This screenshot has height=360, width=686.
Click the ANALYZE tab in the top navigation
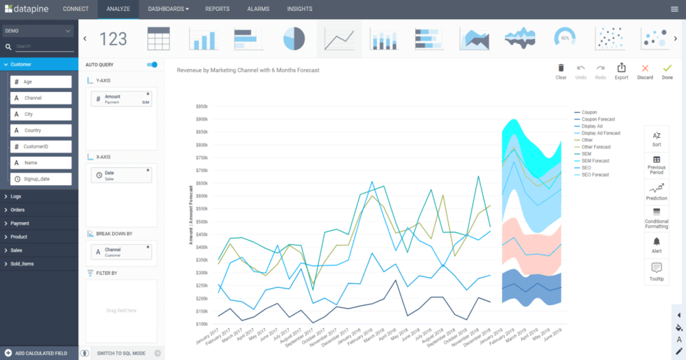(x=117, y=9)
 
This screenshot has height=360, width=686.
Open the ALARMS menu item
(x=258, y=9)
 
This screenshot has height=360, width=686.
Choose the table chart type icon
(x=158, y=39)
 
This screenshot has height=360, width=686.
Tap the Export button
(x=621, y=71)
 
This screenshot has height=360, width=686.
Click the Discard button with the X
(x=645, y=71)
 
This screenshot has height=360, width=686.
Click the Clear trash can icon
(x=560, y=71)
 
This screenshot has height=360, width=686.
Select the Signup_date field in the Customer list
(x=41, y=179)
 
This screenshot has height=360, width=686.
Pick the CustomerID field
(x=41, y=147)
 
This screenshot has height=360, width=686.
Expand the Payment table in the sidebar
(x=20, y=224)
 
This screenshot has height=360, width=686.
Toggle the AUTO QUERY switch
(x=152, y=64)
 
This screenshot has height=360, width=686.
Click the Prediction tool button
(x=657, y=191)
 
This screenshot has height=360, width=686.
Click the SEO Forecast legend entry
(x=595, y=175)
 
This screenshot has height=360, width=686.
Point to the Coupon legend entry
(x=589, y=112)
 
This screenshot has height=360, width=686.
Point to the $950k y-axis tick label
(x=201, y=107)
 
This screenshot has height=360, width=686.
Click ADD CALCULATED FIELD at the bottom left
(x=40, y=353)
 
